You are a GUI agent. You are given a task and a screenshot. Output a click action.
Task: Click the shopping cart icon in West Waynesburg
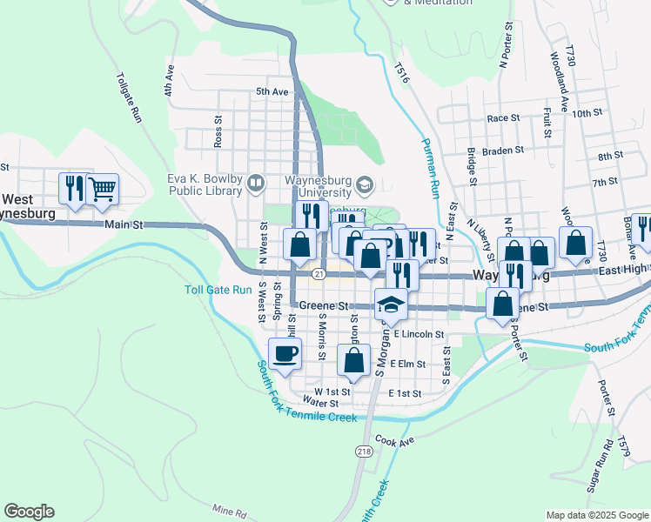[102, 189]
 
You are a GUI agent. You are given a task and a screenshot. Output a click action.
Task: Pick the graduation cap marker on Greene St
[391, 304]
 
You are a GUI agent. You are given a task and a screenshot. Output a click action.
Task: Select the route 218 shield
[362, 451]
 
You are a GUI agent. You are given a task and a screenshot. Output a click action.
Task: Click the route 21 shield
[319, 275]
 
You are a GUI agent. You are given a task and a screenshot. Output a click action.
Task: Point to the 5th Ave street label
[272, 91]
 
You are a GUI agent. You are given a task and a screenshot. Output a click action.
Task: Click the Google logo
[29, 512]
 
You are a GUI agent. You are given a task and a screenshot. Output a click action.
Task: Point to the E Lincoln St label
[419, 334]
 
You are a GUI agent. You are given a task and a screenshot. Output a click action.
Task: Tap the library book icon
[256, 183]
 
